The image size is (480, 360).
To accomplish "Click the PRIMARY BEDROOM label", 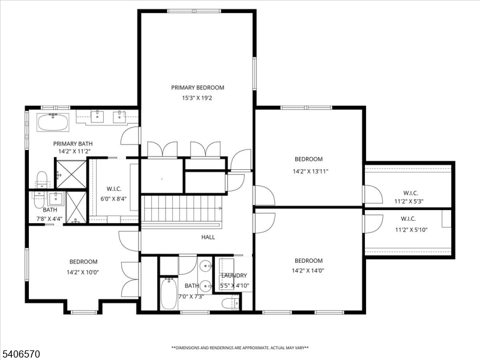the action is (197, 88).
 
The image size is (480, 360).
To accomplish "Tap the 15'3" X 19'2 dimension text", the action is (197, 98).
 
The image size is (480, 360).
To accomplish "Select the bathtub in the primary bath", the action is (53, 122).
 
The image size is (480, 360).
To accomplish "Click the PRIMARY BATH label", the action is (73, 143).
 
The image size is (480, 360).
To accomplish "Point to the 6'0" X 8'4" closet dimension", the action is (113, 199).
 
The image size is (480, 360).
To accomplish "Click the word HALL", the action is (208, 237).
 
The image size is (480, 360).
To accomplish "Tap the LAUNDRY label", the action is (234, 275).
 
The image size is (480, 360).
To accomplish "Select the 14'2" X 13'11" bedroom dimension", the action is (310, 172).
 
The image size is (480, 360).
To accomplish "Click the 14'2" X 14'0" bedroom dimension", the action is (308, 271).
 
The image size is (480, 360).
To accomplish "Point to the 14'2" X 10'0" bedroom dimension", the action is (83, 272).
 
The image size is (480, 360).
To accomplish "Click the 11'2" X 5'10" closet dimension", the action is (411, 230).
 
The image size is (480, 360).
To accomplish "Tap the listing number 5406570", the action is (20, 354).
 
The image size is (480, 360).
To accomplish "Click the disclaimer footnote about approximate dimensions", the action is (240, 348).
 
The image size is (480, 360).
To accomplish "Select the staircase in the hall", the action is (182, 211).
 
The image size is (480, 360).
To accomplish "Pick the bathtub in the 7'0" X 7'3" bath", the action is (169, 293).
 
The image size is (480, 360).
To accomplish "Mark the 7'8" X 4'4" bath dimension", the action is (49, 219).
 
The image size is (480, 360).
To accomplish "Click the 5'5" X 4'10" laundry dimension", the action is (235, 286).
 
